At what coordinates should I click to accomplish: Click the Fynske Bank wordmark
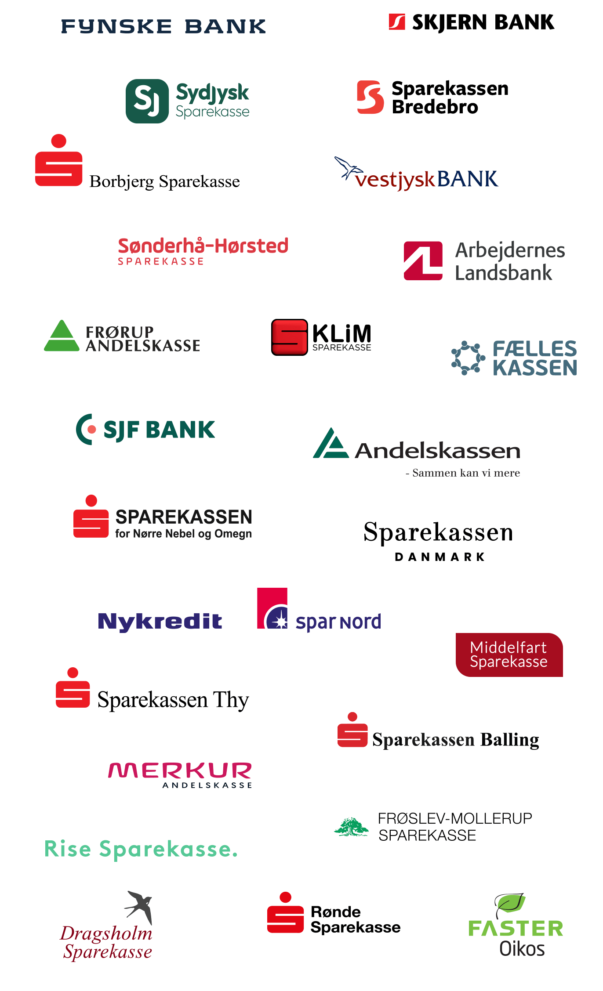pos(163,26)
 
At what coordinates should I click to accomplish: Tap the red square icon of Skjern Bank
pos(397,22)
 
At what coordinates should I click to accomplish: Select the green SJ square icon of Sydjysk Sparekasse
pos(147,101)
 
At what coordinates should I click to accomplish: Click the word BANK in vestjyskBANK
pos(468,179)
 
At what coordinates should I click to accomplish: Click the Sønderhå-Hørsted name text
pos(203,246)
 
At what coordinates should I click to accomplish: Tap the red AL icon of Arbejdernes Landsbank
pos(423,260)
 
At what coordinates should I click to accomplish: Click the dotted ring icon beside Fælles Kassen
pos(468,358)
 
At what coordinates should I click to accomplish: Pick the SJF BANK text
pos(159,430)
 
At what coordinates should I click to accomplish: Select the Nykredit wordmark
pos(160,622)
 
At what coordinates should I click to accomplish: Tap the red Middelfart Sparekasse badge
pos(509,655)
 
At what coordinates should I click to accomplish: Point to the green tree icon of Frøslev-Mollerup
pos(351,826)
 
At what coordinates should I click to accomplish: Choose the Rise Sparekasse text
pos(141,849)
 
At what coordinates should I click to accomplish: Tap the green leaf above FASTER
pos(511,904)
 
